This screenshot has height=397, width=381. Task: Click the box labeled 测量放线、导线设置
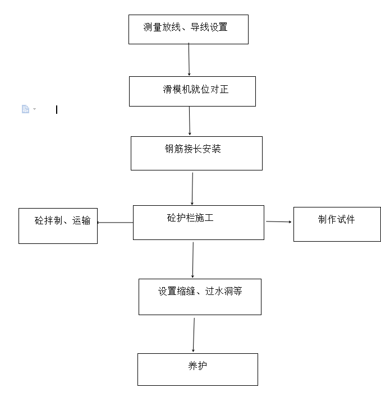(x=188, y=30)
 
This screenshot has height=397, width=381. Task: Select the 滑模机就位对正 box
(x=192, y=91)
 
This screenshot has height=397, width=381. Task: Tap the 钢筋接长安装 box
(x=196, y=153)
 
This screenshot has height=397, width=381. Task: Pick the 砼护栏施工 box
(x=198, y=223)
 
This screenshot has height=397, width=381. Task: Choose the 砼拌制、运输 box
(x=58, y=226)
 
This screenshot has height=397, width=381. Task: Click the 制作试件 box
(x=337, y=224)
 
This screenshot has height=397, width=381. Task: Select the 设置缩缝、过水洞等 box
(x=200, y=297)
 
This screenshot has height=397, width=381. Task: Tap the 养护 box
(x=198, y=369)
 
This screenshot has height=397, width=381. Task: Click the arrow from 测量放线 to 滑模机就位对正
(x=189, y=59)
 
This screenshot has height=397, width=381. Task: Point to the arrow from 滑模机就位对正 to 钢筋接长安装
(x=190, y=121)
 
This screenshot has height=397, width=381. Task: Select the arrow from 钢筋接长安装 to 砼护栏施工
(x=192, y=188)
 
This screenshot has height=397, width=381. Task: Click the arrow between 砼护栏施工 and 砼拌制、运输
(x=115, y=223)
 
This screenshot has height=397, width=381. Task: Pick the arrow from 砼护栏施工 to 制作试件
(x=278, y=222)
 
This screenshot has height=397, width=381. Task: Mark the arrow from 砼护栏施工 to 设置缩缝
(x=193, y=260)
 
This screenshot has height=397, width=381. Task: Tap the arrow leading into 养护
(x=194, y=335)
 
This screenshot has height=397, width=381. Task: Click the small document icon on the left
(x=25, y=109)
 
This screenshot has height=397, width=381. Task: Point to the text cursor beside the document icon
(x=57, y=110)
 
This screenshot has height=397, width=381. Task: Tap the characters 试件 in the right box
(x=346, y=219)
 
